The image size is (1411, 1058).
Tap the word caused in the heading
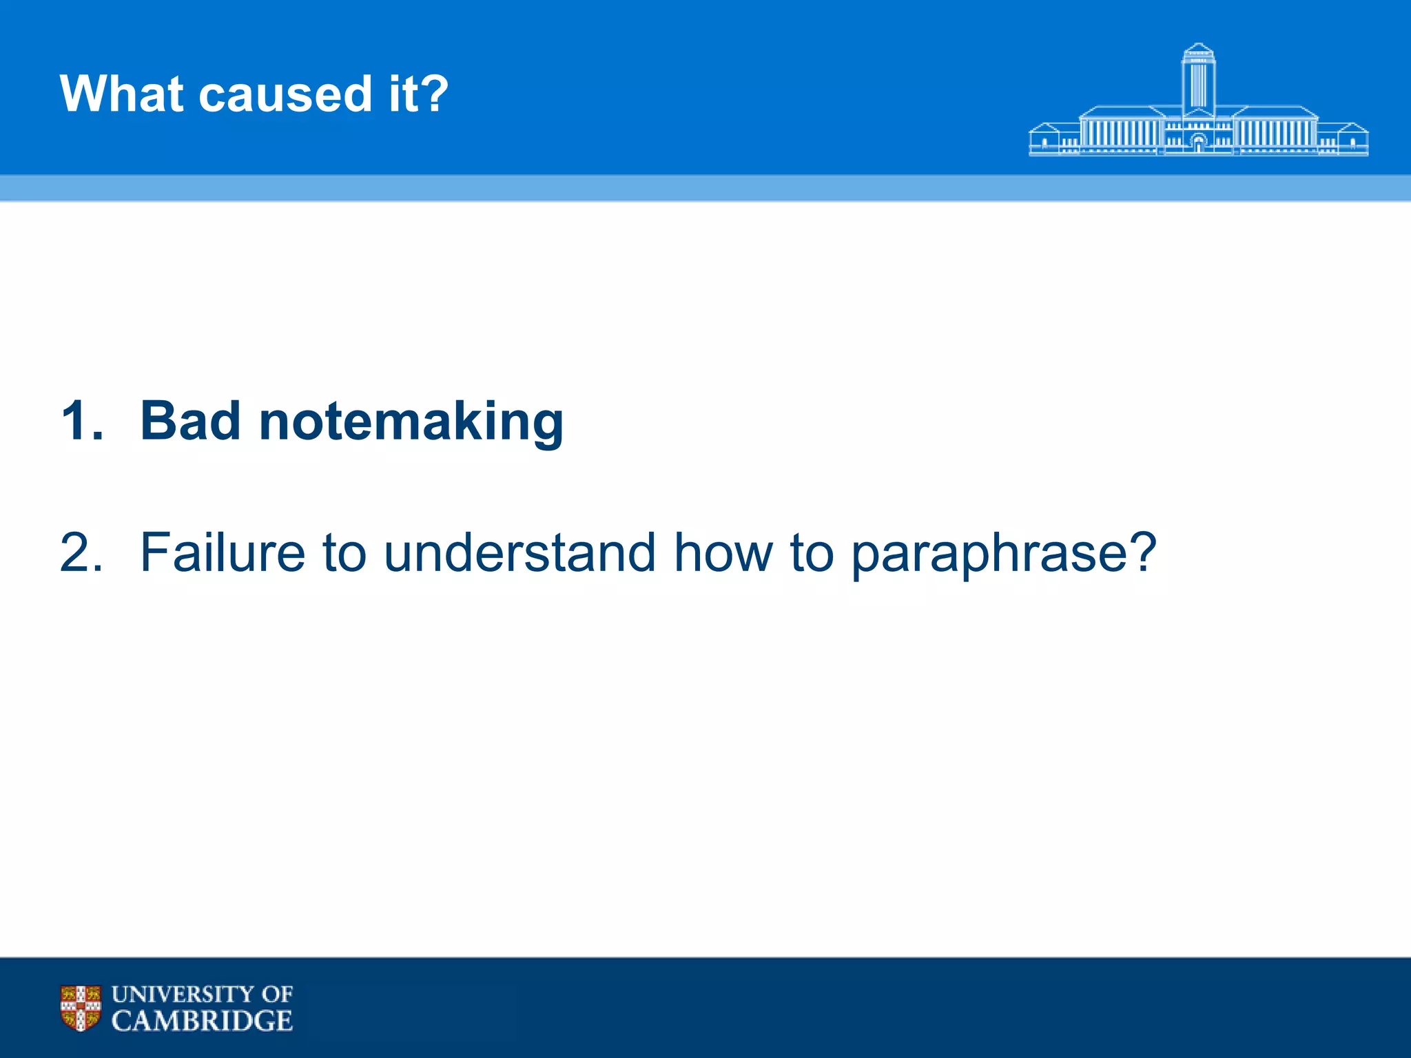click(285, 94)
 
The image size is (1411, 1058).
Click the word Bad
click(190, 421)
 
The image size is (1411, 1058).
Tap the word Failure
click(222, 552)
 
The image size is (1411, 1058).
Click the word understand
click(519, 552)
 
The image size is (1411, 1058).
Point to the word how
click(723, 552)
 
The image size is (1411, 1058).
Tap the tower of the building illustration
click(1198, 79)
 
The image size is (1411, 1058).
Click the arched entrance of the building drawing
click(1199, 143)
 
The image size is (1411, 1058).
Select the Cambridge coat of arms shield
click(81, 1008)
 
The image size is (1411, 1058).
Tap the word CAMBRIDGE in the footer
click(202, 1021)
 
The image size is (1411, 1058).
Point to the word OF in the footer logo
click(278, 995)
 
